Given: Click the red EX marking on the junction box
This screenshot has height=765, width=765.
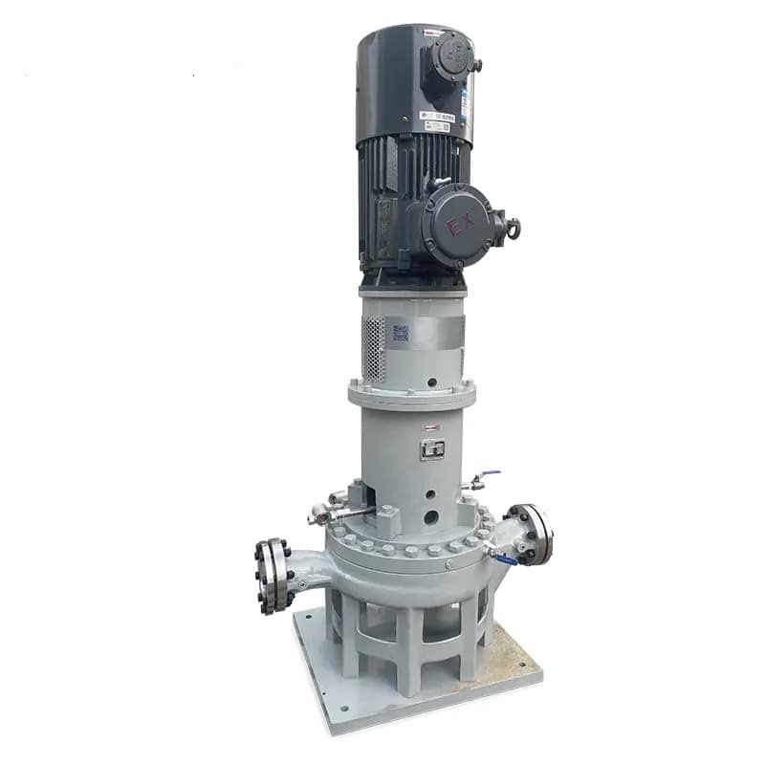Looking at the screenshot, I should click(461, 225).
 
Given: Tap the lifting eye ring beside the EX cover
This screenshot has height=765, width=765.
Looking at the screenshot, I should click(514, 229).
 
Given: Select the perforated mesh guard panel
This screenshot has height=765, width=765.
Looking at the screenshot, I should click(374, 348).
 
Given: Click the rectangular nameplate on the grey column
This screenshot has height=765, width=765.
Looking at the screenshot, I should click(432, 448).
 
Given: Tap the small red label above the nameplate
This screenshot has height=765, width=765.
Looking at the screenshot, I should click(432, 427).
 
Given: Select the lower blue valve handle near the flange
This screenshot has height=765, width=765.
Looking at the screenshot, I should click(505, 558).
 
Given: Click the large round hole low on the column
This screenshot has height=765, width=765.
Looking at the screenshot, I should click(431, 517).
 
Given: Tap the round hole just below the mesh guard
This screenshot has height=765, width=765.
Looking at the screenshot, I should click(430, 381).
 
